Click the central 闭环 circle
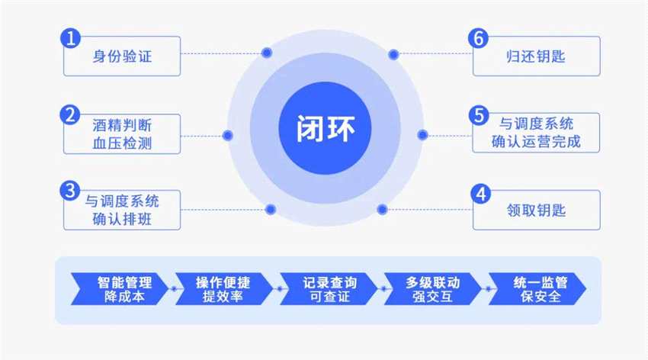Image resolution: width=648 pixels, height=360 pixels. (325, 127)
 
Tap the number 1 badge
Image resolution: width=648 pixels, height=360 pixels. (70, 38)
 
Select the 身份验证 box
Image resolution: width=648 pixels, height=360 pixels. (122, 56)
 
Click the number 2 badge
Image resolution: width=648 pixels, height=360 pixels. (70, 115)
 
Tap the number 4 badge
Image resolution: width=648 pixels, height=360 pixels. (480, 193)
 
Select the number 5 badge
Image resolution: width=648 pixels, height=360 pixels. (479, 115)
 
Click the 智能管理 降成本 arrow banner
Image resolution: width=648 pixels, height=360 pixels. (118, 289)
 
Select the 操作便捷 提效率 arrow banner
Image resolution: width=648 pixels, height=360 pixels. (223, 289)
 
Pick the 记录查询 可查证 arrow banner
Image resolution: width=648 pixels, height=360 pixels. (329, 289)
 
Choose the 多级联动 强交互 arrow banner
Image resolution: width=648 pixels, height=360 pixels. (433, 289)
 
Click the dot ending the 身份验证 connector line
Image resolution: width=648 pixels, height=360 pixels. (266, 53)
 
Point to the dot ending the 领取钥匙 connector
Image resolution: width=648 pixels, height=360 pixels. (383, 209)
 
